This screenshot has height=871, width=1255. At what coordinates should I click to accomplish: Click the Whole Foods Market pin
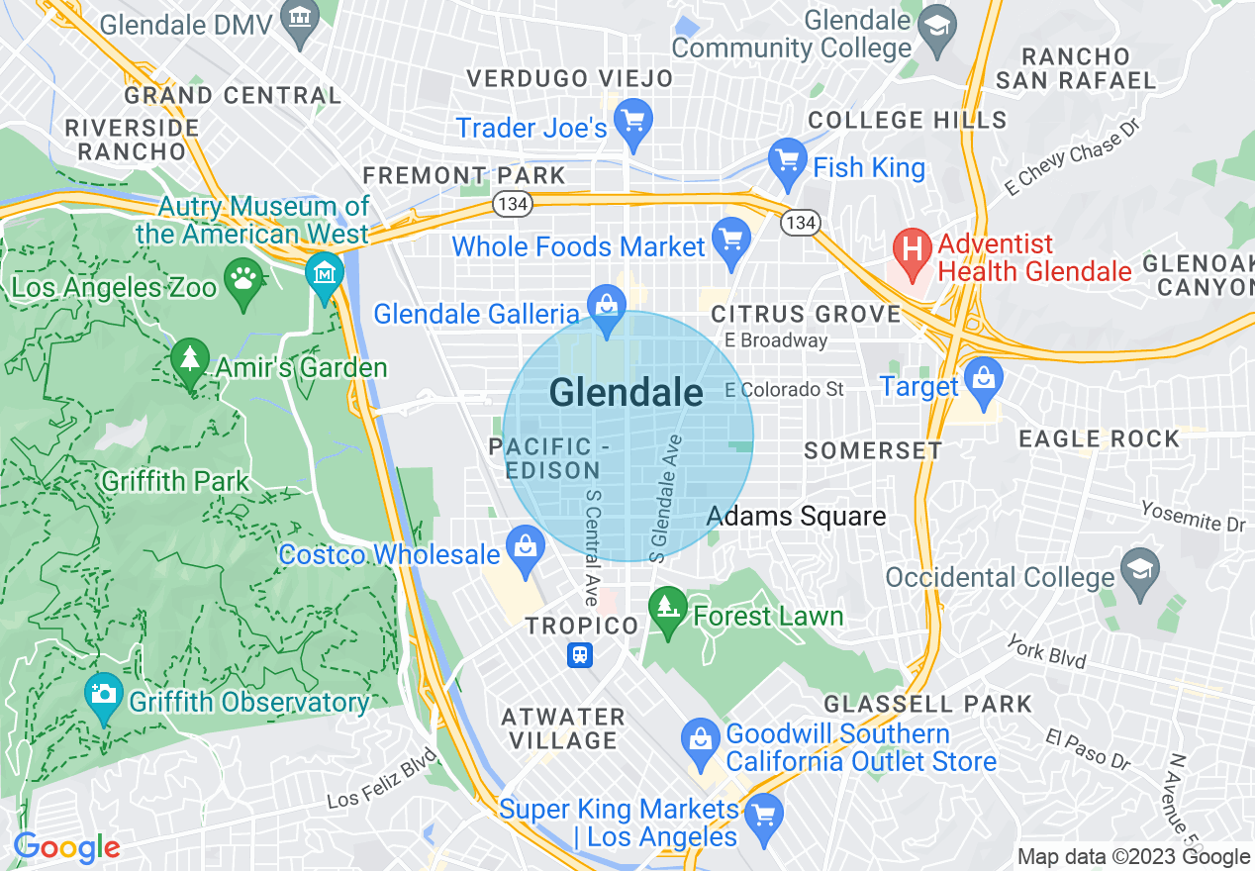pos(731,241)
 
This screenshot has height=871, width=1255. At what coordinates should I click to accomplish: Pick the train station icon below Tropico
pos(581,654)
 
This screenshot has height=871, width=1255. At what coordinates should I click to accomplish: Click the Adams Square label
pos(796,516)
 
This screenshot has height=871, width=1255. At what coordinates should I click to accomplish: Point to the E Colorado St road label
pos(784,389)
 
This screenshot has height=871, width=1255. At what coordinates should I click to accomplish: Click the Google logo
pos(66,847)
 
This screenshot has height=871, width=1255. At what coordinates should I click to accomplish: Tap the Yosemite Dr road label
pos(1193,515)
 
